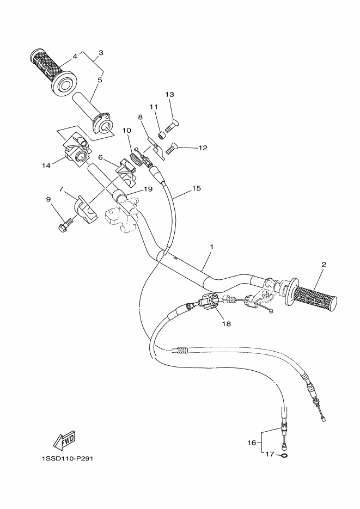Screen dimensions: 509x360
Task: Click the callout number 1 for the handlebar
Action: pos(211,247)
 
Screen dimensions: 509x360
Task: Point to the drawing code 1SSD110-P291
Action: pos(67,458)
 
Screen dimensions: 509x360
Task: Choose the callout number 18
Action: pos(225,323)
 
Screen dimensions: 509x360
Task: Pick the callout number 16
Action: pos(252,443)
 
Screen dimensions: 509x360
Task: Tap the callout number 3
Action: pos(101,53)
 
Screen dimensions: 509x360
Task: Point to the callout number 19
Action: pos(148,189)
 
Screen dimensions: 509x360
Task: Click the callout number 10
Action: pos(126,131)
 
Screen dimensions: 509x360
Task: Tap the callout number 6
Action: pos(101,157)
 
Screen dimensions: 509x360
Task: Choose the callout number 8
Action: pos(140,116)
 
